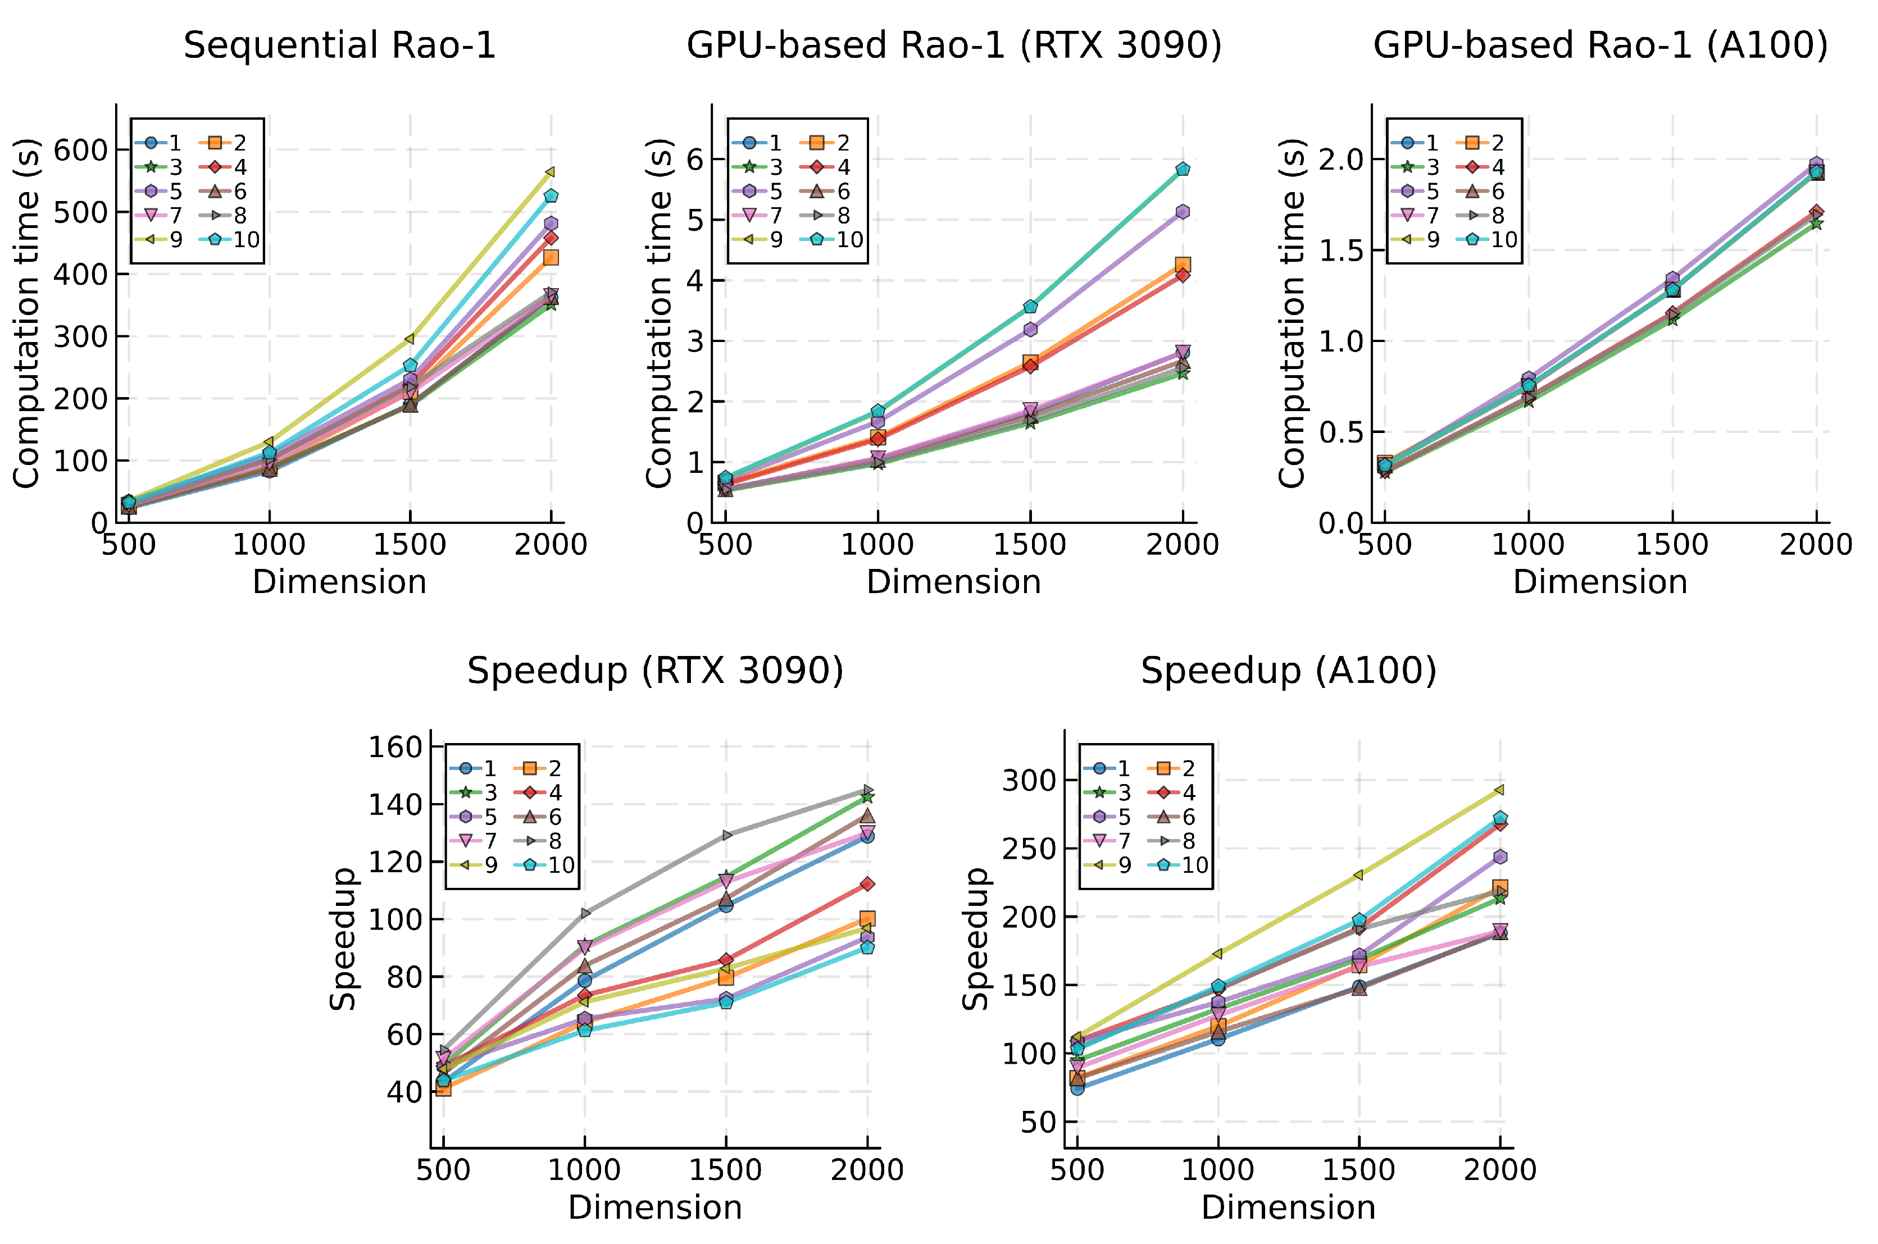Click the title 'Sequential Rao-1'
(x=339, y=45)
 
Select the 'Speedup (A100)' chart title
(x=1289, y=671)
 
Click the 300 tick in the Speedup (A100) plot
(x=1029, y=781)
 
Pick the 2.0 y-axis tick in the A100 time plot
(x=1340, y=160)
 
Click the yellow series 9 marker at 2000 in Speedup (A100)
(x=1499, y=790)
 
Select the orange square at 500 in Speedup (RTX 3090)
(x=443, y=1088)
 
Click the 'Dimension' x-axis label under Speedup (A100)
(x=1289, y=1207)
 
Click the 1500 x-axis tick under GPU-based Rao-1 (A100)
(x=1672, y=544)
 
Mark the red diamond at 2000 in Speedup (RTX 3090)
(x=867, y=884)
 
